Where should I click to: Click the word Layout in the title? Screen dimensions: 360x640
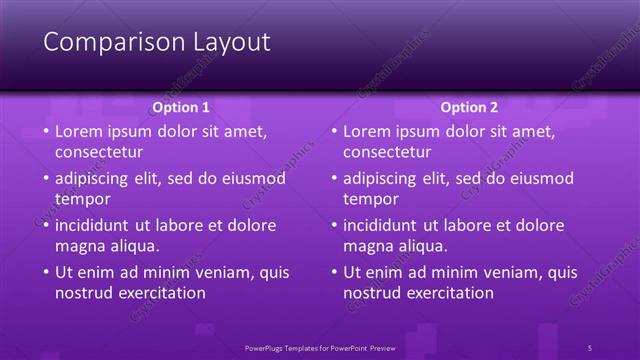[x=229, y=42]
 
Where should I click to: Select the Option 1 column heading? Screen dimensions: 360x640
[x=181, y=107]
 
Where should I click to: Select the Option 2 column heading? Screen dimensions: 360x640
[x=469, y=107]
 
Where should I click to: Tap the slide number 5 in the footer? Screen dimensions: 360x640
[x=590, y=347]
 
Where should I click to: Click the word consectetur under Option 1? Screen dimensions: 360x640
[x=99, y=152]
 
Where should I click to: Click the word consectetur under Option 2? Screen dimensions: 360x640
[x=387, y=152]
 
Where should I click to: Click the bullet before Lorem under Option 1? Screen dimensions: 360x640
[x=44, y=131]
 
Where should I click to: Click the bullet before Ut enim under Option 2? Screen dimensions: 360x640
[x=332, y=272]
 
